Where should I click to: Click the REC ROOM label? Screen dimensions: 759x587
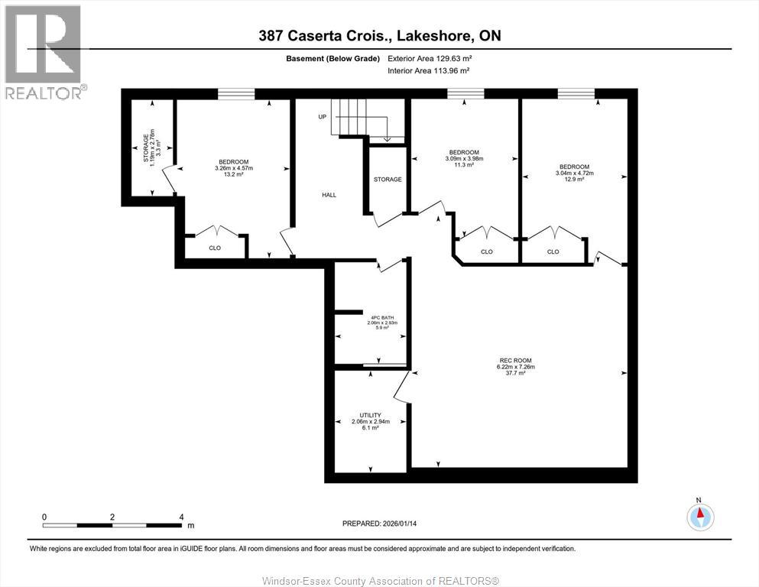(x=515, y=360)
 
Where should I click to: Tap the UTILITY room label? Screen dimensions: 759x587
(x=370, y=415)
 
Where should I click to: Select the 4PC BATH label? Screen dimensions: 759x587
(x=382, y=317)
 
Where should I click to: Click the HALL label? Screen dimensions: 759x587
(x=329, y=195)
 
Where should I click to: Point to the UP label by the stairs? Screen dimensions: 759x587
(x=323, y=117)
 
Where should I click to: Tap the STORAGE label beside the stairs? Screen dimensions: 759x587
(x=388, y=180)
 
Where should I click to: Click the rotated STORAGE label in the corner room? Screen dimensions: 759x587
(x=146, y=148)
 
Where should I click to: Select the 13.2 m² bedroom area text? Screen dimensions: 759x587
(x=233, y=174)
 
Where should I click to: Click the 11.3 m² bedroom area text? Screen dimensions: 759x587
(x=464, y=164)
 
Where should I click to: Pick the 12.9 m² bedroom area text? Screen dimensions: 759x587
(x=575, y=179)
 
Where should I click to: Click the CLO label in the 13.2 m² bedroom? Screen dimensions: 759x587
(x=215, y=248)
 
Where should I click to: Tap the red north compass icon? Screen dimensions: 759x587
(x=700, y=517)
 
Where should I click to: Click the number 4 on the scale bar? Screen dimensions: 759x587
(x=181, y=517)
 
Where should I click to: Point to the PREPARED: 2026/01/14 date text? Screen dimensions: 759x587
(x=379, y=524)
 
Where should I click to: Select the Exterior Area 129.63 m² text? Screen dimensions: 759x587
(x=430, y=59)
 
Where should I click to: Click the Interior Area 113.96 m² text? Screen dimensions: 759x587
(x=429, y=70)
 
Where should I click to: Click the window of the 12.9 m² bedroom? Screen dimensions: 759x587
(x=576, y=93)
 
